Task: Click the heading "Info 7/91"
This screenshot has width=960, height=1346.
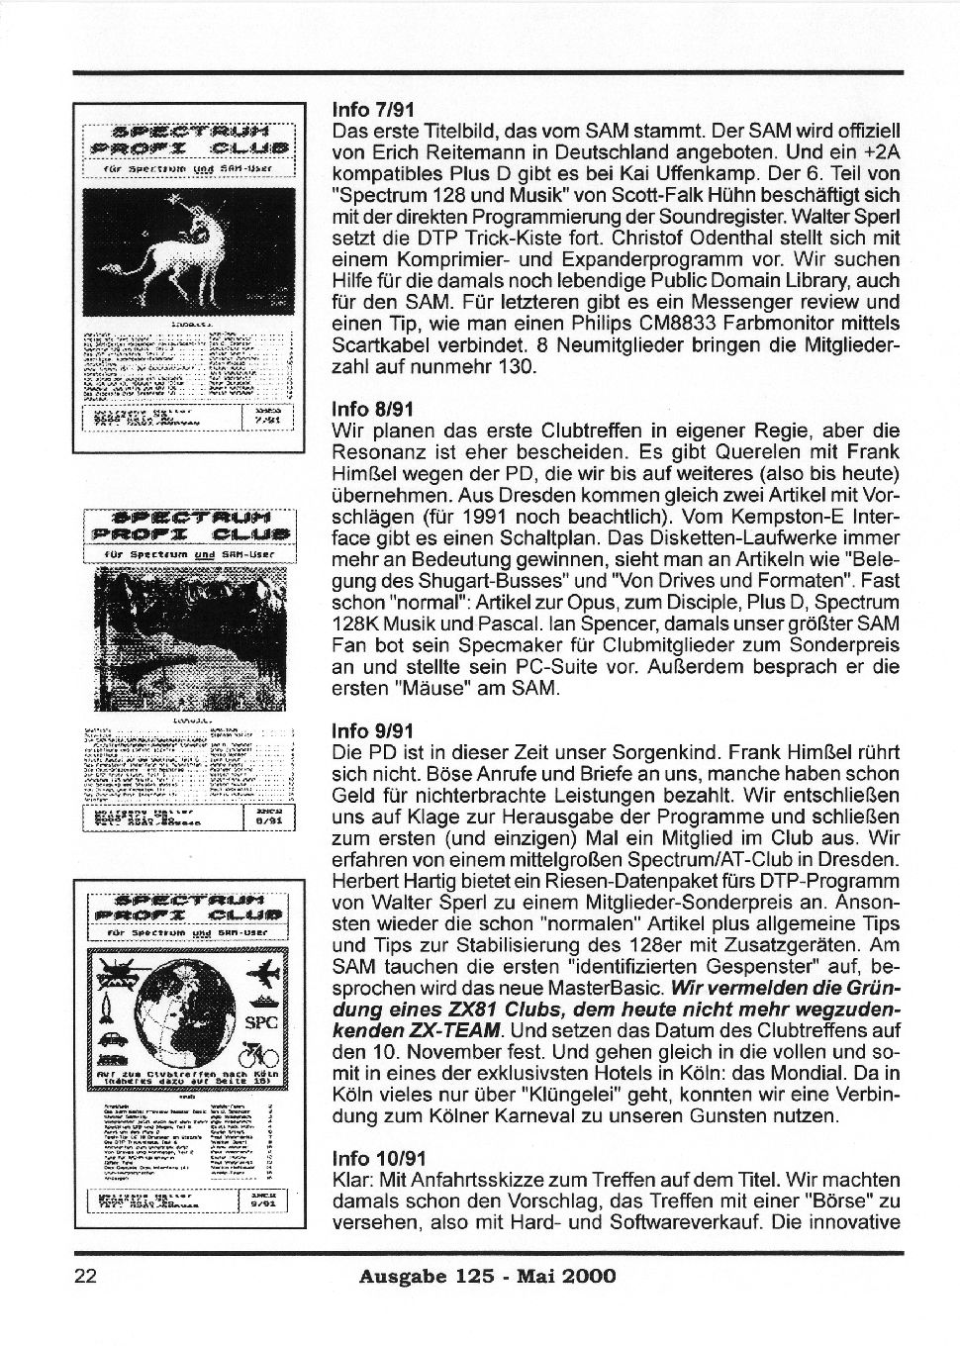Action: (373, 109)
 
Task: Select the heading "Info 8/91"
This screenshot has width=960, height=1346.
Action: (373, 409)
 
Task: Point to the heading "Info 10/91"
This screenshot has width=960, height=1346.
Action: (378, 1158)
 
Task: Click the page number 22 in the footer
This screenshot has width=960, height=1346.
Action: (84, 1276)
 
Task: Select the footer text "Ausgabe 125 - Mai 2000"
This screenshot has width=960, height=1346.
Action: (487, 1276)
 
